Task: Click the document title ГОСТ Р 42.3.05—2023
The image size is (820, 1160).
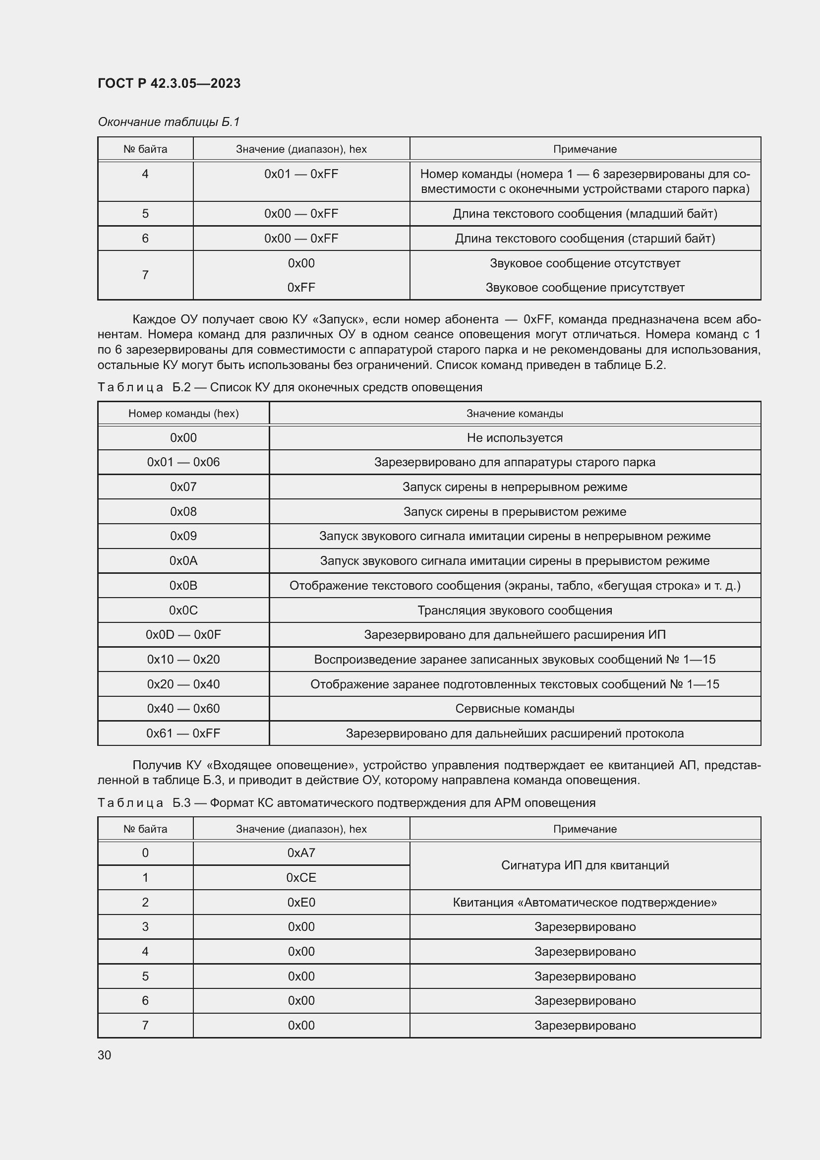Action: [169, 83]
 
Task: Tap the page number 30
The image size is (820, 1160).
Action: [104, 1055]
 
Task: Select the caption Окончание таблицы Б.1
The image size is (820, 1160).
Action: [168, 122]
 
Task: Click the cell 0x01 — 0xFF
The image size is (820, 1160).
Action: [301, 174]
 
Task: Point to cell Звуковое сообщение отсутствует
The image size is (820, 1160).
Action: [585, 263]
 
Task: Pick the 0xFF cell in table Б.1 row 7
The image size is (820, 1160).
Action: [301, 288]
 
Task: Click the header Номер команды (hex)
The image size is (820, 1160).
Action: [183, 413]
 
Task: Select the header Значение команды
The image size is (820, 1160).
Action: [515, 413]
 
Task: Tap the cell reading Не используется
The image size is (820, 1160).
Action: [515, 437]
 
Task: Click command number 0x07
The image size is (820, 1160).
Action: [183, 487]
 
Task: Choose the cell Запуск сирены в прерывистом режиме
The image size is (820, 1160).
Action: [515, 512]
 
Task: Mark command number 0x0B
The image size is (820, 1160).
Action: [183, 586]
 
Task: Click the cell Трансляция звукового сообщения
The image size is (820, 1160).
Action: [515, 611]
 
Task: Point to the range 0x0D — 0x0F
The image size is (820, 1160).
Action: [183, 635]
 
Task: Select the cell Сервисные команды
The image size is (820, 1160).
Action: [515, 708]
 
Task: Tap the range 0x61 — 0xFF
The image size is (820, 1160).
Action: [183, 733]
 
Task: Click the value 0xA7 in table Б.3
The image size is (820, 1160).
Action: [301, 853]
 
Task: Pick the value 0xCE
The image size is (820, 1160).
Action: [301, 878]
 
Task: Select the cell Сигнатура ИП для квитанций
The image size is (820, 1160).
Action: [585, 865]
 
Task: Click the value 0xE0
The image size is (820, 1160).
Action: [301, 902]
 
